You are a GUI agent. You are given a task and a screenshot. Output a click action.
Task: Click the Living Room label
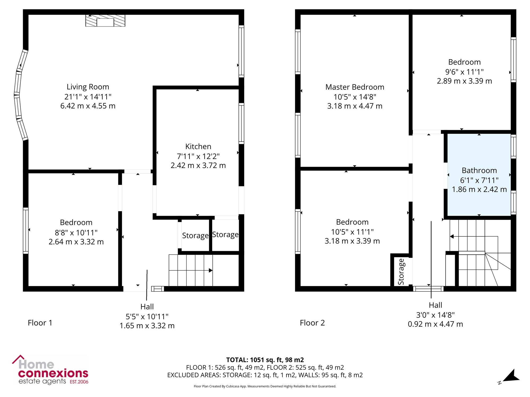point(88,87)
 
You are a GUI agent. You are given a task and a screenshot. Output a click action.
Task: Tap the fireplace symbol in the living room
point(105,21)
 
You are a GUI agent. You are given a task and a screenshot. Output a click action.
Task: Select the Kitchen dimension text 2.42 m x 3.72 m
point(198,165)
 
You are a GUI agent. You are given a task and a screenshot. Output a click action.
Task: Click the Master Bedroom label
point(355,87)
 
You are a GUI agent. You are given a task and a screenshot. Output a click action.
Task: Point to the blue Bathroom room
point(479,175)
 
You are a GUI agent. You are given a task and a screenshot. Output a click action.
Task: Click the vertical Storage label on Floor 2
point(401,272)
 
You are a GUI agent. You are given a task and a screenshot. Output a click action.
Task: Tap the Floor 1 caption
point(40,323)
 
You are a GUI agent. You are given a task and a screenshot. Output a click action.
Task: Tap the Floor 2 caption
point(312,323)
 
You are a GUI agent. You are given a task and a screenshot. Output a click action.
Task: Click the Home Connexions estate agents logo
point(50,370)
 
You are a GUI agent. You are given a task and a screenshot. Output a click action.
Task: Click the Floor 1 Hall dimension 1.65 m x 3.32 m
point(147,326)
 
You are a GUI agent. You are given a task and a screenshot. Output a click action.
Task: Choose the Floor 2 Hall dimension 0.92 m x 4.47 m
point(435,324)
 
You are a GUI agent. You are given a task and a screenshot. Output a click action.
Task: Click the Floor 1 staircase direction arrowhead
point(211,270)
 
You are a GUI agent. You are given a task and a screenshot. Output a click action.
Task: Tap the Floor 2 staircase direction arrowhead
point(452,236)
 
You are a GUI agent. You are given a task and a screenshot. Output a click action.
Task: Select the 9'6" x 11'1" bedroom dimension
point(465,72)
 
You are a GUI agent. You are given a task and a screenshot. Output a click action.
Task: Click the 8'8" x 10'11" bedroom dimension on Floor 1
point(76,233)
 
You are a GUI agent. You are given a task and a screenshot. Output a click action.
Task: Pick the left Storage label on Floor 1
point(195,236)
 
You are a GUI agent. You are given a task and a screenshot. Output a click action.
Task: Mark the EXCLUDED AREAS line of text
point(265,375)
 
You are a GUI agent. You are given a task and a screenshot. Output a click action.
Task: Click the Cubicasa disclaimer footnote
point(265,386)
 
